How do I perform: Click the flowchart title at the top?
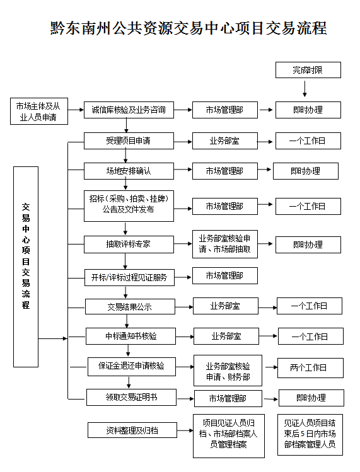point(189,28)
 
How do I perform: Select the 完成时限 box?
point(308,70)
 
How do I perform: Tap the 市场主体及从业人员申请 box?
point(39,111)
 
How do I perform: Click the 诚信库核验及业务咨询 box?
point(129,110)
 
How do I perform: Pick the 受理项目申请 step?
point(129,141)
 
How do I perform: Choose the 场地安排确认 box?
point(129,171)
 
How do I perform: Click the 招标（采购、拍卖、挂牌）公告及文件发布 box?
point(129,206)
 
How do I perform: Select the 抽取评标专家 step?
point(129,244)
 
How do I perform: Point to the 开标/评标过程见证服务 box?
point(129,277)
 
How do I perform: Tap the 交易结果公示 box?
point(130,306)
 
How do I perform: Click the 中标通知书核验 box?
point(131,336)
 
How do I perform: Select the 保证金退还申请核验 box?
point(132,366)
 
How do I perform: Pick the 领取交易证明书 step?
point(131,397)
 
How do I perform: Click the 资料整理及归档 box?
point(132,430)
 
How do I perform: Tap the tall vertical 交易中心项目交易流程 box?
point(26,267)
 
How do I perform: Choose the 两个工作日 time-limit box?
point(310,367)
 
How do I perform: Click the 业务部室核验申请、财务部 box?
point(228,371)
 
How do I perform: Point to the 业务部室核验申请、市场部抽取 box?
point(225,244)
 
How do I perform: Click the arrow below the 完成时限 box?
point(305,89)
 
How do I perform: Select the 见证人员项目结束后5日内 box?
point(310,434)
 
